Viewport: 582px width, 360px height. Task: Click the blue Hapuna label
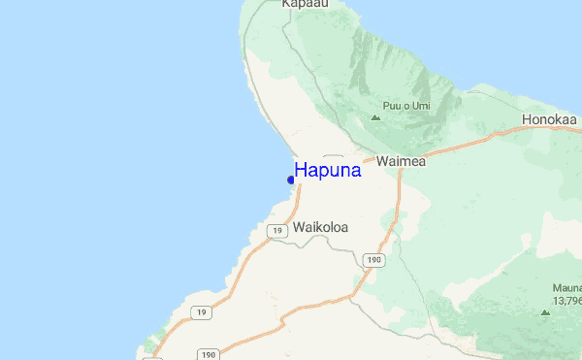328,170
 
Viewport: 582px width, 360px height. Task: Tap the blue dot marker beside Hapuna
291,180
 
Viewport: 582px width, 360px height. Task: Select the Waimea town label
401,161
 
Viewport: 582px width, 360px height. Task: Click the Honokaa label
550,119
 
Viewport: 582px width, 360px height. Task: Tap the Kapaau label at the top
303,4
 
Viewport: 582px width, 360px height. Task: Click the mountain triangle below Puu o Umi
375,118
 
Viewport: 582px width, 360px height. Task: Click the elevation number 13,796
566,302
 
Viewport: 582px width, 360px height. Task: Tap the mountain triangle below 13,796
544,312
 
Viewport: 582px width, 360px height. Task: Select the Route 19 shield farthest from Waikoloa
200,312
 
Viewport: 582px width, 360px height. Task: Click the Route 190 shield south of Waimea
374,260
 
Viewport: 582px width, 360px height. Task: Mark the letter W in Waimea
381,161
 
